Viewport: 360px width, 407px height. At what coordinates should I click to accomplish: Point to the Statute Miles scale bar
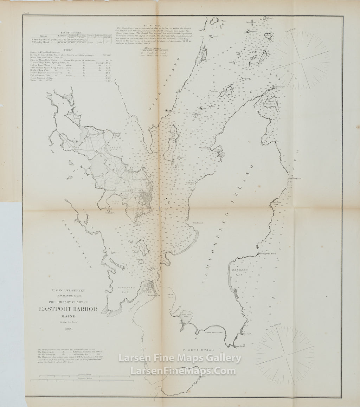(82, 376)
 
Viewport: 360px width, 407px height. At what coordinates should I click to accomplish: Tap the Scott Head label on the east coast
(296, 179)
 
